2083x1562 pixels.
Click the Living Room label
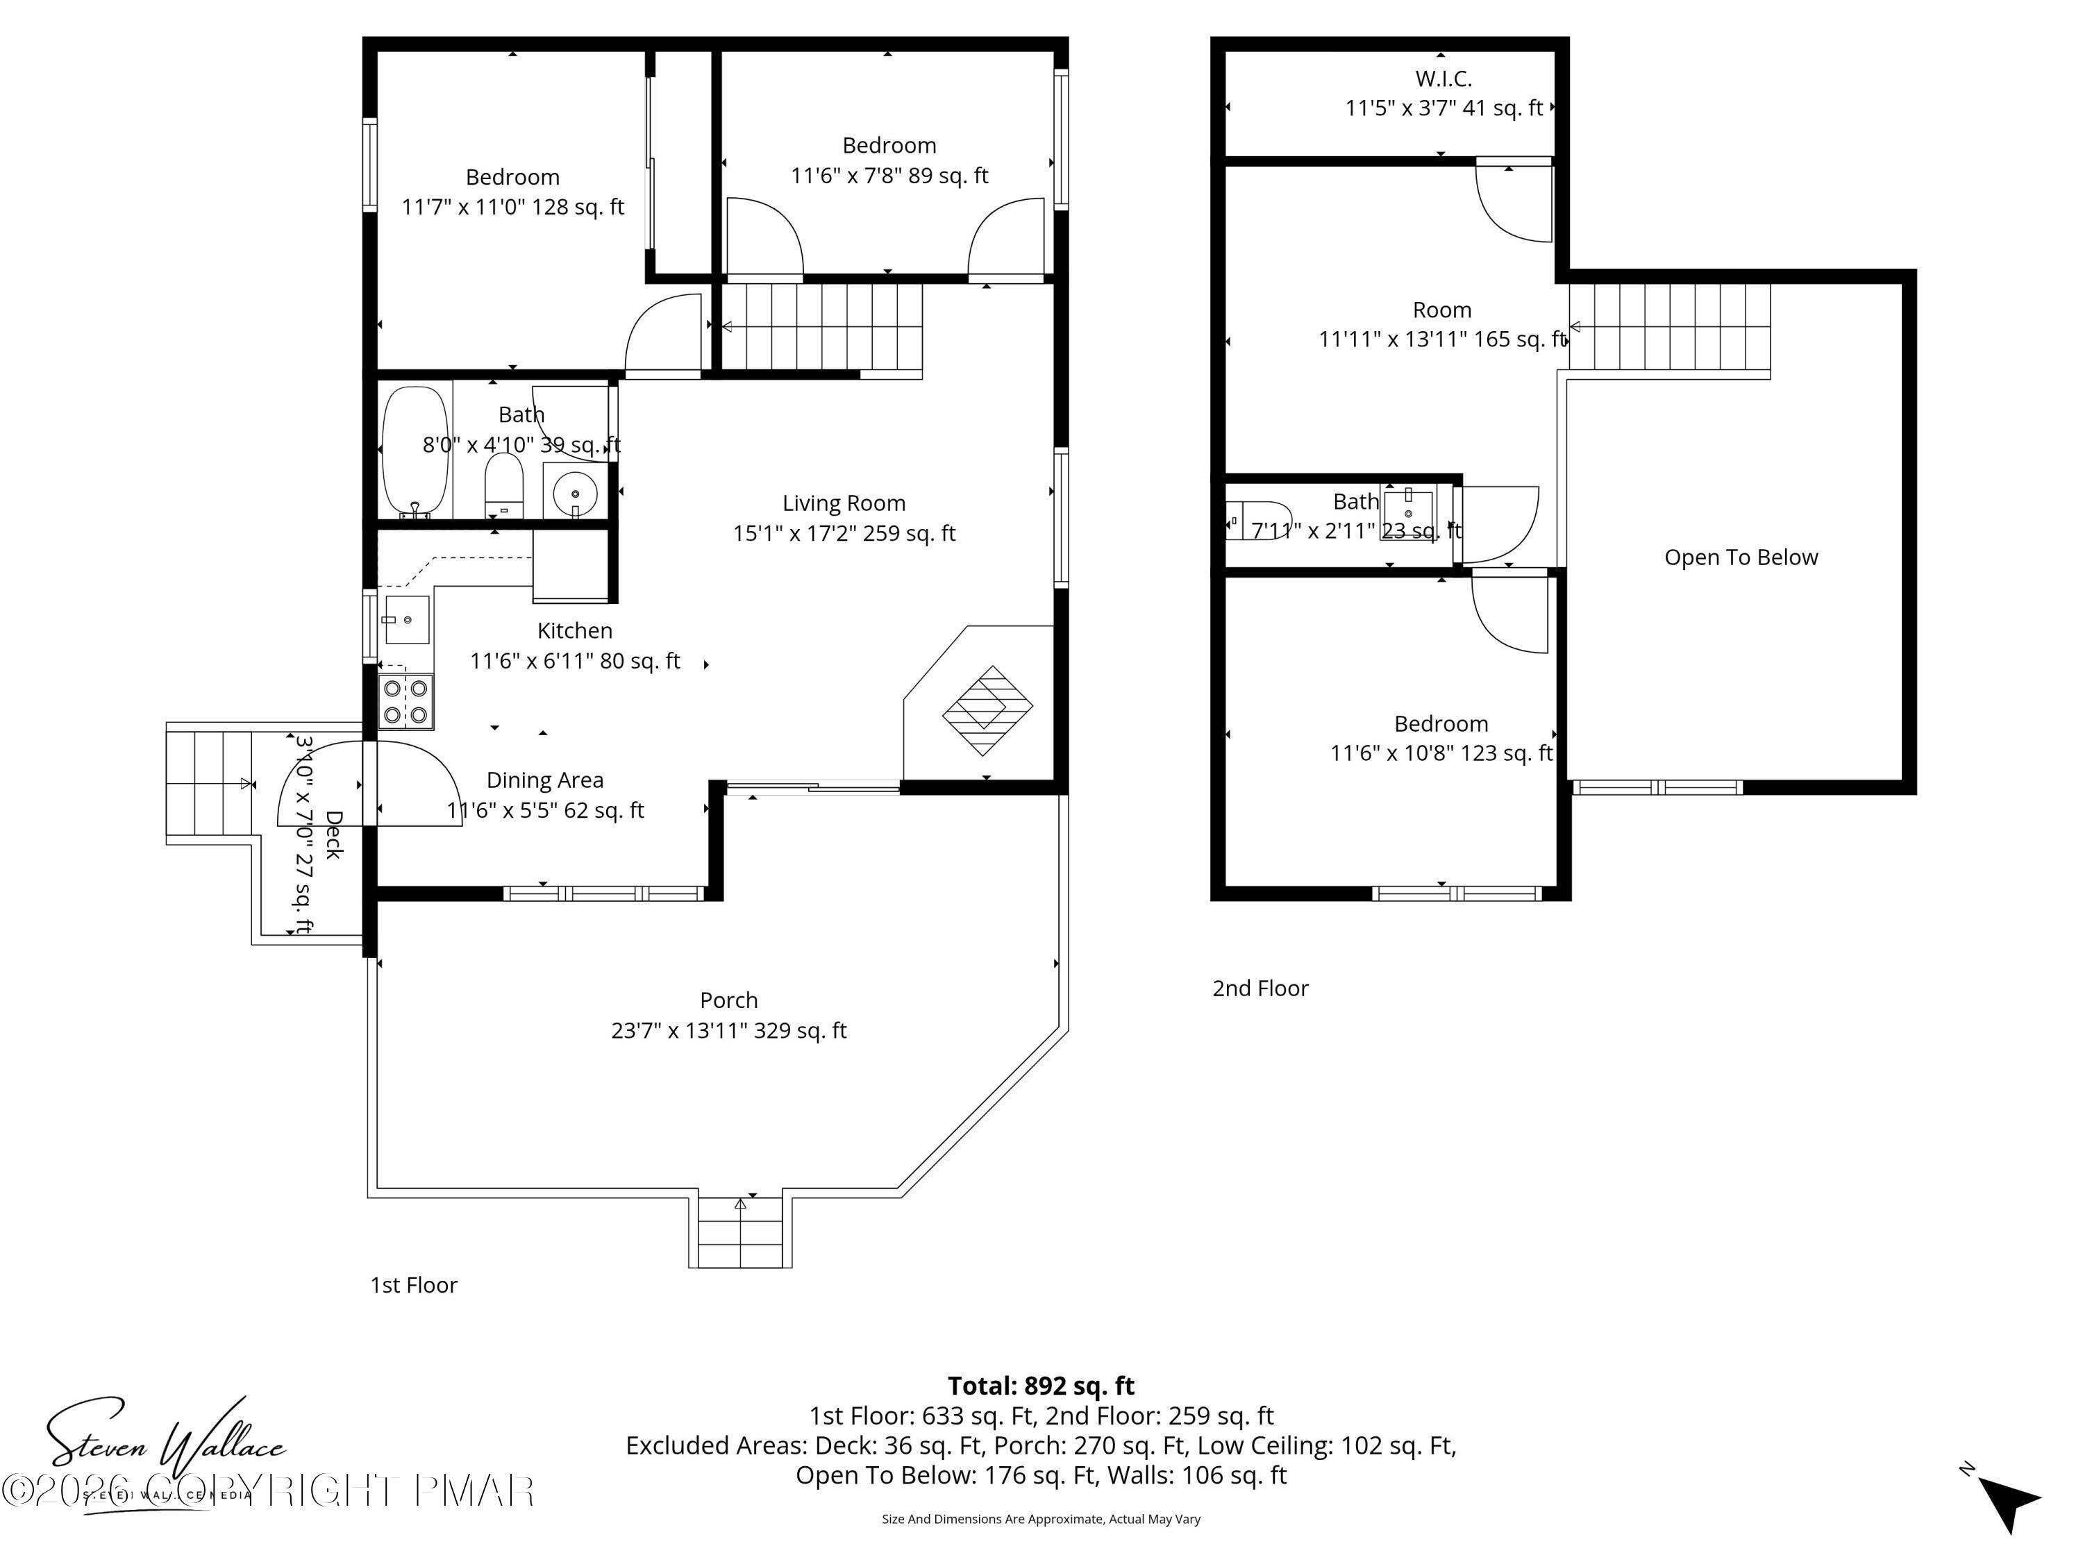point(844,504)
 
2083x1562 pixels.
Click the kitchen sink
point(407,619)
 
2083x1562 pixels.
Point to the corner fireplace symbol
point(987,710)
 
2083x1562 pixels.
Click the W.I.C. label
point(1443,79)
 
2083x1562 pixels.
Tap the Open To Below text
point(1740,557)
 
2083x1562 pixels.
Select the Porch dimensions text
point(729,1031)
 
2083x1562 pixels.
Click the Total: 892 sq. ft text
point(1041,1386)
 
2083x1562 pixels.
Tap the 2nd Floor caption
point(1260,989)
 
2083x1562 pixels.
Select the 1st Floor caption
point(413,1285)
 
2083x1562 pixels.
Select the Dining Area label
point(544,780)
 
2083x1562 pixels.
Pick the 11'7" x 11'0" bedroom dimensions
point(512,207)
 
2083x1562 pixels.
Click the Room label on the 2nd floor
point(1441,310)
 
